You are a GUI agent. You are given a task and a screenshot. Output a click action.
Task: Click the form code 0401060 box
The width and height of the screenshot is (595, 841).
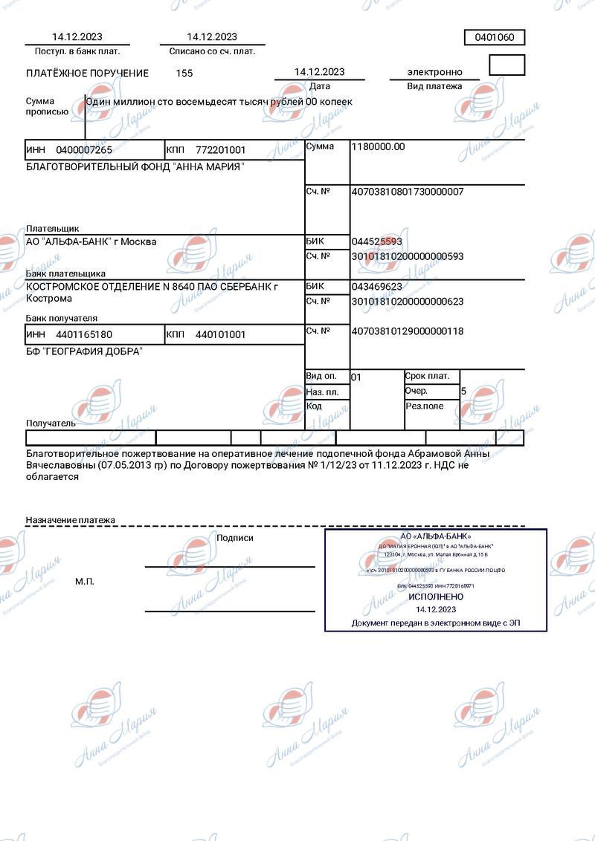point(495,38)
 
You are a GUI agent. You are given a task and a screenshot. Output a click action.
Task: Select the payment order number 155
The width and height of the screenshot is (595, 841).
point(184,74)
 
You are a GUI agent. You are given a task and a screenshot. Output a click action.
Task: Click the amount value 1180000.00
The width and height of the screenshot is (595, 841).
point(378,147)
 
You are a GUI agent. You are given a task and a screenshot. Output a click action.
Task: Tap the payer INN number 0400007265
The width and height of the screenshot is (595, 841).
point(84,150)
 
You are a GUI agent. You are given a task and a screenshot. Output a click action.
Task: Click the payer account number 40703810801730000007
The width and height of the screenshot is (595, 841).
point(407,192)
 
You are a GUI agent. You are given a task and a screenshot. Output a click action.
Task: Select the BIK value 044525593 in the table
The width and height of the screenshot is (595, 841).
point(376,242)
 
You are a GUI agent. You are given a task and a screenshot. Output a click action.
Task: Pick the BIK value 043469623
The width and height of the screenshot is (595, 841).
point(376,287)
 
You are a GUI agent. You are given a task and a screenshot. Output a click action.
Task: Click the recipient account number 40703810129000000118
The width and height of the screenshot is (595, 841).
point(407,331)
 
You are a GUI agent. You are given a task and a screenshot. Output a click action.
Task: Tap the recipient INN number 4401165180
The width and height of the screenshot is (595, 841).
point(84,335)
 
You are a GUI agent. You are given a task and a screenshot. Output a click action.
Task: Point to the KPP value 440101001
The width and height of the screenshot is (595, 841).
point(220,335)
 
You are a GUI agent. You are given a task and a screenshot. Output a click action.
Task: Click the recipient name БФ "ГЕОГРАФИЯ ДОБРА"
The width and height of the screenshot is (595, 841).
point(84,351)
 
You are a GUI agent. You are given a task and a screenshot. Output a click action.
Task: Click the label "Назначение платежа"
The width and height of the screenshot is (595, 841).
point(71,520)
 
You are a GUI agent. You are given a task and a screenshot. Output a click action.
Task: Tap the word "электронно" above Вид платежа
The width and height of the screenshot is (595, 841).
point(434,72)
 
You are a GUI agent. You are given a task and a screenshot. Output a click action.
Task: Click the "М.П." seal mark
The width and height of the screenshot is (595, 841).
point(85,581)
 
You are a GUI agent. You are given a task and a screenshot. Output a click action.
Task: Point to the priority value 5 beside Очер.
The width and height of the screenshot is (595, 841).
point(464,391)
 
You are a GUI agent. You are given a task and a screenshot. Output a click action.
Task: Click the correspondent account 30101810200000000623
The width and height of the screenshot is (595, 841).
point(407,302)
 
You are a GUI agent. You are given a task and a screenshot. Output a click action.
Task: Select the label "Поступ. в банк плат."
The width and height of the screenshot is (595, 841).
point(77,51)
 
